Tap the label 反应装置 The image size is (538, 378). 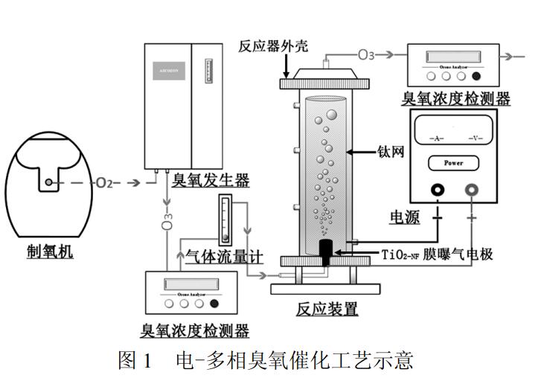327,309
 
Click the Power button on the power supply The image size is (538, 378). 453,163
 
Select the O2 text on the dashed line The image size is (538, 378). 104,182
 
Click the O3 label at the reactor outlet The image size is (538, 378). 366,54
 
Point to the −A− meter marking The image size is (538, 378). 437,139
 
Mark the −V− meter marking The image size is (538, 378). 475,139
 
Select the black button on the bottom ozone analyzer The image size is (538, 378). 214,302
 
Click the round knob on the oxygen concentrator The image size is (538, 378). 48,181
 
